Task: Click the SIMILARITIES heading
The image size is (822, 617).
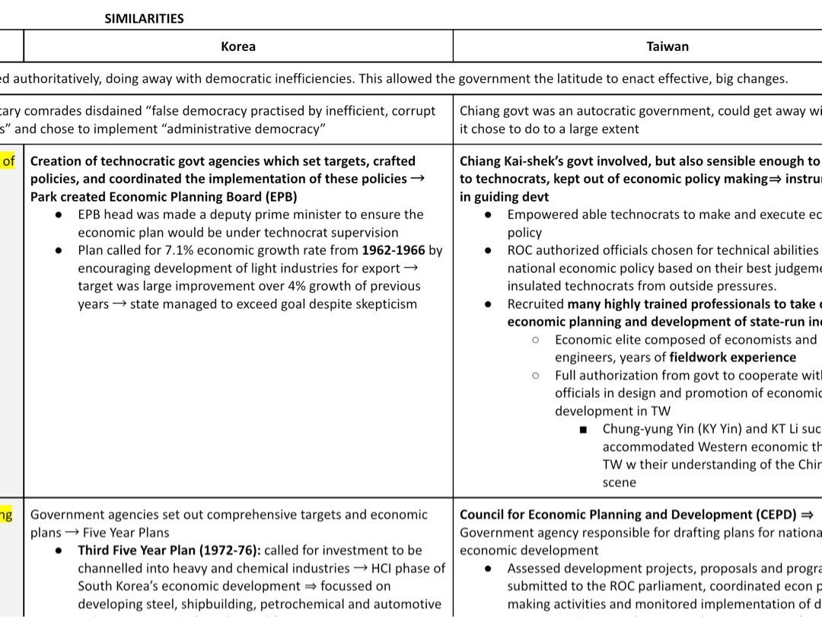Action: pos(144,18)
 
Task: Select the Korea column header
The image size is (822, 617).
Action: pos(237,46)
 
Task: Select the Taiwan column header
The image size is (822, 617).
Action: pos(667,46)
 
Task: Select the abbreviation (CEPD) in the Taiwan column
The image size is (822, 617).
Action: pos(776,514)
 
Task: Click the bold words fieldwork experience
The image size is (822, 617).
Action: pos(732,357)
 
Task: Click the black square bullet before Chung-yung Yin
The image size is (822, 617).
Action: pos(583,429)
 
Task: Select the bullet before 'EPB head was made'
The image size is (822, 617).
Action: pos(59,215)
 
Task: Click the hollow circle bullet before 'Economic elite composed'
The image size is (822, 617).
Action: pos(536,339)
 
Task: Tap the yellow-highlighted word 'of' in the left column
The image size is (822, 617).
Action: pos(8,161)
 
